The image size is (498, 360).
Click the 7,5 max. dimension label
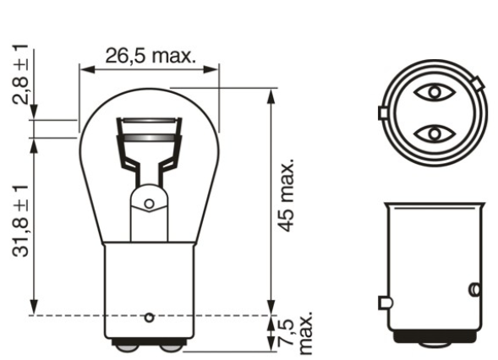(x=296, y=332)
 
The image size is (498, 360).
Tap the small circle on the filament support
(x=150, y=204)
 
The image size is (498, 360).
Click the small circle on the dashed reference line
(x=150, y=317)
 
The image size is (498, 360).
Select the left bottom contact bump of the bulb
(x=130, y=344)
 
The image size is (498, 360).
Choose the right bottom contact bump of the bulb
(x=170, y=344)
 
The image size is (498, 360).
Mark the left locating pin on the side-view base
(x=383, y=302)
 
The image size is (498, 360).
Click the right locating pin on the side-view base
(x=474, y=291)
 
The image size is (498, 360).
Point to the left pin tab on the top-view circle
(x=382, y=112)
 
